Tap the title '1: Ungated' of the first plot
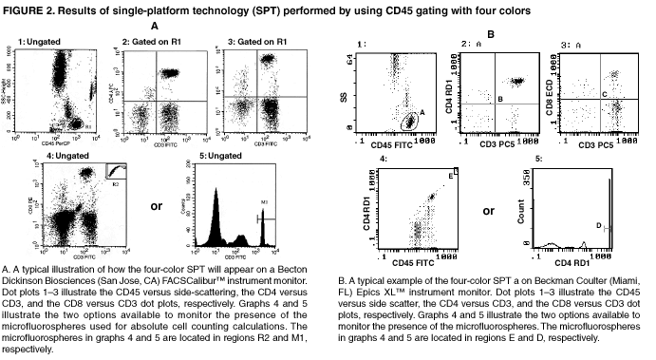pos(36,44)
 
